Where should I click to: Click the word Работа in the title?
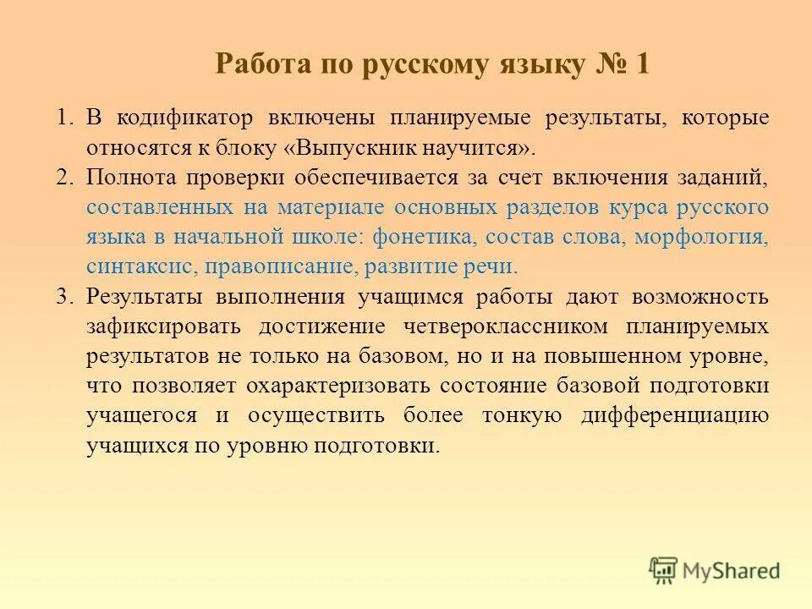pos(258,65)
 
